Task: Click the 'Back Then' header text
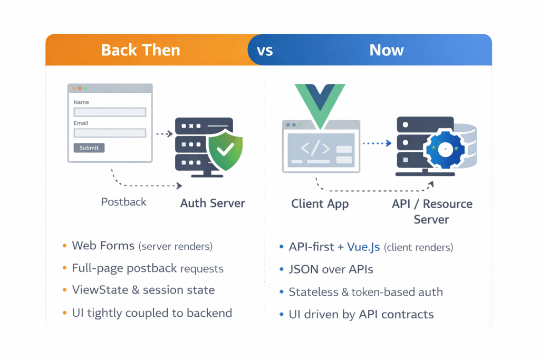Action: tap(140, 50)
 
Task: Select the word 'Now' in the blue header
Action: tap(386, 50)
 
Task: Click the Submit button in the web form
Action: tap(89, 148)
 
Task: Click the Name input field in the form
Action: tap(110, 112)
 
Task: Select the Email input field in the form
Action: tap(110, 133)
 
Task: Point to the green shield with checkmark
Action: tap(225, 151)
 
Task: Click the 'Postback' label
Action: tap(123, 202)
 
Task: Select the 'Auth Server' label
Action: tap(213, 203)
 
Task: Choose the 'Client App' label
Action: tap(320, 204)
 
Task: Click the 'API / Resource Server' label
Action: tap(432, 211)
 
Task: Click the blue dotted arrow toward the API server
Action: tap(377, 143)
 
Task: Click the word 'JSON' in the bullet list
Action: tap(303, 269)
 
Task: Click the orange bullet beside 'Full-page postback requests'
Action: tap(64, 268)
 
